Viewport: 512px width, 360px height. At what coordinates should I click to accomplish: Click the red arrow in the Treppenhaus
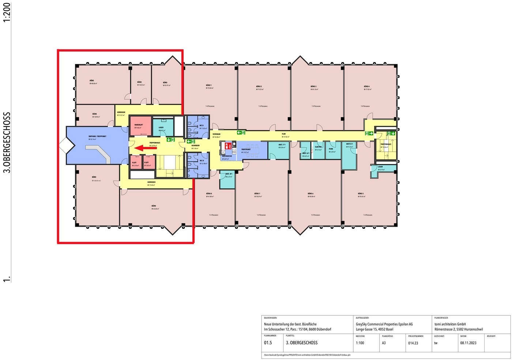coord(146,148)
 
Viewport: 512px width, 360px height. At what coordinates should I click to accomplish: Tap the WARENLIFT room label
coord(138,125)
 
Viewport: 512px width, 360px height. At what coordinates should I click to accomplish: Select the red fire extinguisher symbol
coord(227,145)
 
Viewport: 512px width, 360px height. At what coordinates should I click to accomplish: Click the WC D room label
coord(202,126)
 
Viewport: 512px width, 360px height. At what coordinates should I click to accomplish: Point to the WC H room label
coord(202,161)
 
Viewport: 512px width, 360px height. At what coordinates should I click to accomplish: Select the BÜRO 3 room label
coord(314,86)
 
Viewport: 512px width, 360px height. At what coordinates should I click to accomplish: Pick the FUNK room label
coord(331,149)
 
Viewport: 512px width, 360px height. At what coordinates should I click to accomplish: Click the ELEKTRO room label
coord(318,147)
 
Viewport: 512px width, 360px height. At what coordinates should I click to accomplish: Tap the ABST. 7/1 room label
coord(282,144)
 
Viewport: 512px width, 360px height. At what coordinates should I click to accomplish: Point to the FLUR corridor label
coord(283,134)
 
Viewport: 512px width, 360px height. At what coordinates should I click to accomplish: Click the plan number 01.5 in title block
coord(268,343)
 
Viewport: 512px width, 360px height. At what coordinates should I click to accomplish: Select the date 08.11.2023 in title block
coord(468,343)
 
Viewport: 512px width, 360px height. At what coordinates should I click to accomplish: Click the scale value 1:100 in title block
coord(360,343)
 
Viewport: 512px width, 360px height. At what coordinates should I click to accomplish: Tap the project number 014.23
coord(413,343)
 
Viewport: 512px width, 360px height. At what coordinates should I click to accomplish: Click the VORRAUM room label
coord(216,134)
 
